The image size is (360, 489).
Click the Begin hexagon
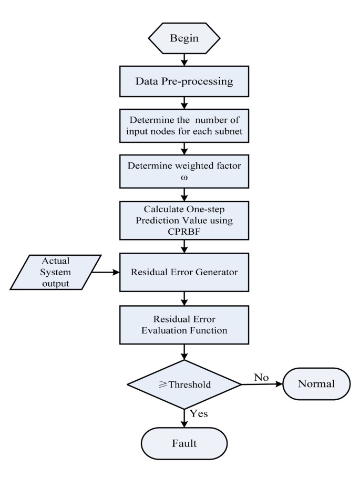pyautogui.click(x=183, y=38)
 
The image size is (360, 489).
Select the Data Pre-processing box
pyautogui.click(x=183, y=81)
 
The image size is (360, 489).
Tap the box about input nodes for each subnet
pyautogui.click(x=183, y=126)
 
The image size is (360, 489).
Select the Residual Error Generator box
pyautogui.click(x=183, y=273)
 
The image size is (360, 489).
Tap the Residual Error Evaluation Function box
pyautogui.click(x=183, y=325)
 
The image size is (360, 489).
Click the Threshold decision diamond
pyautogui.click(x=183, y=384)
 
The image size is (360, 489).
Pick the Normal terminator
pyautogui.click(x=316, y=384)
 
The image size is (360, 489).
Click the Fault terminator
pyautogui.click(x=183, y=443)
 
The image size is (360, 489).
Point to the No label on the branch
pyautogui.click(x=261, y=377)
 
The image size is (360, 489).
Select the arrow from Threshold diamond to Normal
pyautogui.click(x=262, y=384)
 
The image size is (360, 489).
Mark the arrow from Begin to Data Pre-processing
pyautogui.click(x=183, y=60)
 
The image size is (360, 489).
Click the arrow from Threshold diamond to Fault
pyautogui.click(x=183, y=418)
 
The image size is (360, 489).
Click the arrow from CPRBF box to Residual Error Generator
pyautogui.click(x=183, y=246)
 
